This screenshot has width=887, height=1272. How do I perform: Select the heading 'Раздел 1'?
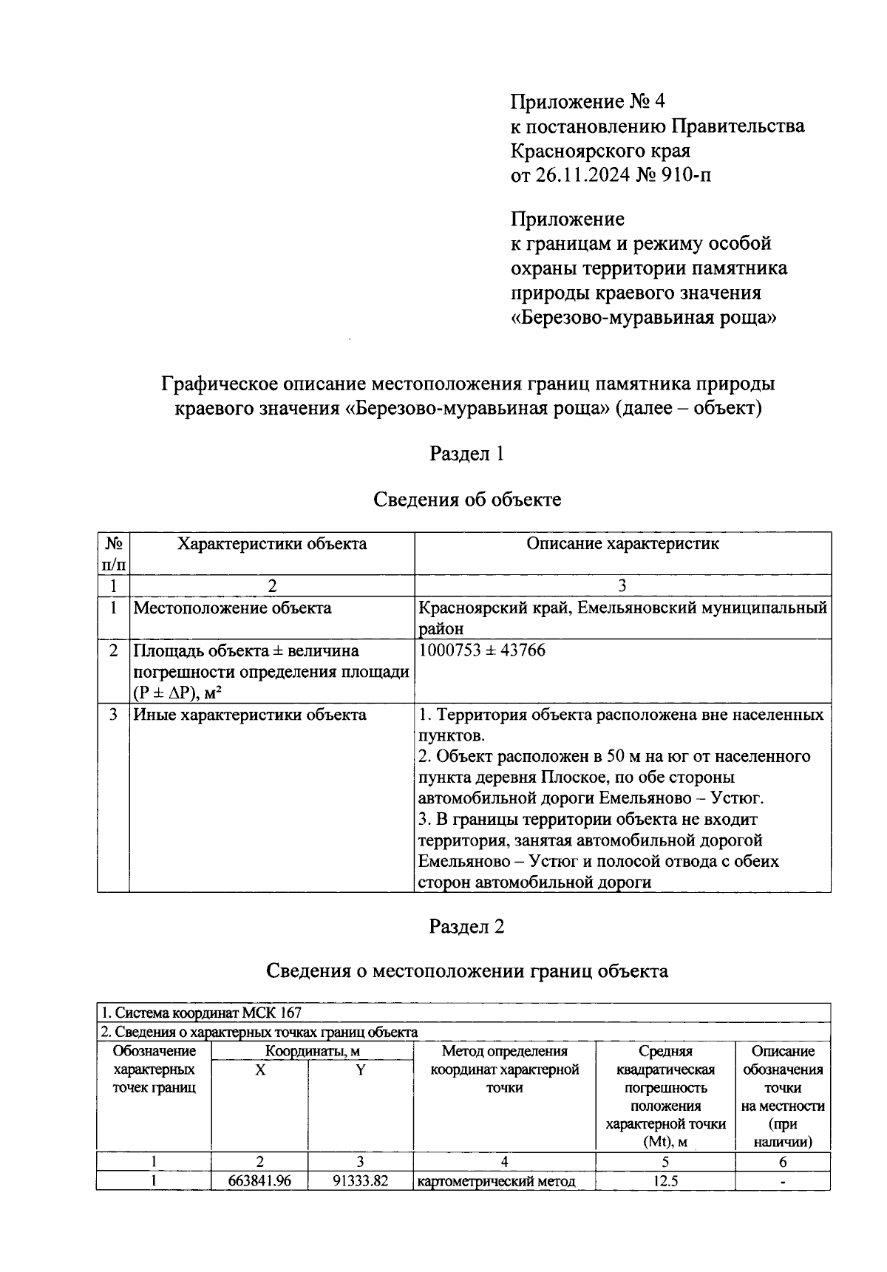(466, 453)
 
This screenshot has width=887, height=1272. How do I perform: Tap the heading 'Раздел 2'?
(466, 926)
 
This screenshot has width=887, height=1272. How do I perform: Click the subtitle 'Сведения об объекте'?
(466, 500)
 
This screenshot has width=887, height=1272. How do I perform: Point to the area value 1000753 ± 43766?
(482, 650)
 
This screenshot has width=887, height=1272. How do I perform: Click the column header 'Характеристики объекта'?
(271, 544)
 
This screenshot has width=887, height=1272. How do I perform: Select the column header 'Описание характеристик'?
(622, 544)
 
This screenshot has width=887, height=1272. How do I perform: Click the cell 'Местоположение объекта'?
(232, 608)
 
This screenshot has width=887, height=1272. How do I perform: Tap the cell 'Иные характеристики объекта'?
(249, 715)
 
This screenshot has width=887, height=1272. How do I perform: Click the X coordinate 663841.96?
(260, 1181)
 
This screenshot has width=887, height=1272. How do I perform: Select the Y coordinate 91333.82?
(360, 1181)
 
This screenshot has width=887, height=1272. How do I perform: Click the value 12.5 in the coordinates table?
(665, 1181)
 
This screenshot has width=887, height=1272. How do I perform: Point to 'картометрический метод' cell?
(497, 1181)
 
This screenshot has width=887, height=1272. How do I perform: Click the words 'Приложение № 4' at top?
(582, 101)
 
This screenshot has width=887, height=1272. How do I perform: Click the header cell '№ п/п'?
(113, 554)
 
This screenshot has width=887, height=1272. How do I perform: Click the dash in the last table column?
(783, 1181)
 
